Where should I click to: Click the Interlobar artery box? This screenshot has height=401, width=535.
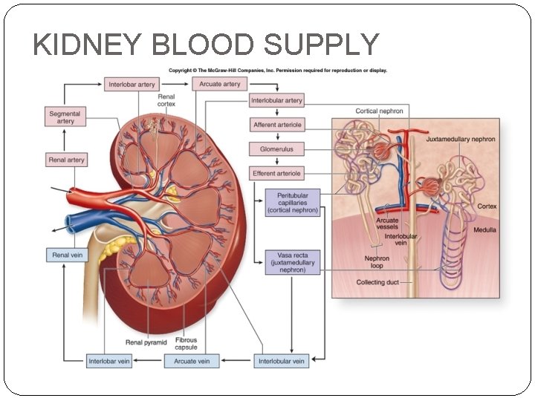[132, 85]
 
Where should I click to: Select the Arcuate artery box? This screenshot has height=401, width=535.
[220, 85]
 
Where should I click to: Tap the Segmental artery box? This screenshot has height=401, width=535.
[65, 117]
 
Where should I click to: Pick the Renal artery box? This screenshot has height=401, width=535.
[66, 160]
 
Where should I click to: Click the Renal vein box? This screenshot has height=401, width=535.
[66, 255]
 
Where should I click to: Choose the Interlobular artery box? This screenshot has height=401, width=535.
[276, 100]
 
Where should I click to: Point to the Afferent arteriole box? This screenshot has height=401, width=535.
[277, 125]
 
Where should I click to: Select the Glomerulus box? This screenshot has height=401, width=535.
[277, 149]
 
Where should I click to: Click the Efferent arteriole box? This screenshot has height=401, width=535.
[277, 174]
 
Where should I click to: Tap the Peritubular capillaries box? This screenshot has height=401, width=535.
[293, 202]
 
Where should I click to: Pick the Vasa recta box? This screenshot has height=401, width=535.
[293, 262]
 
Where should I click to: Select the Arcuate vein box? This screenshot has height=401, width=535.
[192, 362]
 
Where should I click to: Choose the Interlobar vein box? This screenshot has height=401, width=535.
[110, 362]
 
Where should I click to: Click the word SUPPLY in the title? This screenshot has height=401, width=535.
[320, 46]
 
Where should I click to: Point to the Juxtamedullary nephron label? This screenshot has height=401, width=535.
[461, 139]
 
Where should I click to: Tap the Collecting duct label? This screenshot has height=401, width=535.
[377, 282]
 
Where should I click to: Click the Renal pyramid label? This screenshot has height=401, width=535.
[146, 342]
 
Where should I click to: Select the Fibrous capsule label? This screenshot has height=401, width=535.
[186, 343]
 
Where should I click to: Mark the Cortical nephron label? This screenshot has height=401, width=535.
[379, 111]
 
